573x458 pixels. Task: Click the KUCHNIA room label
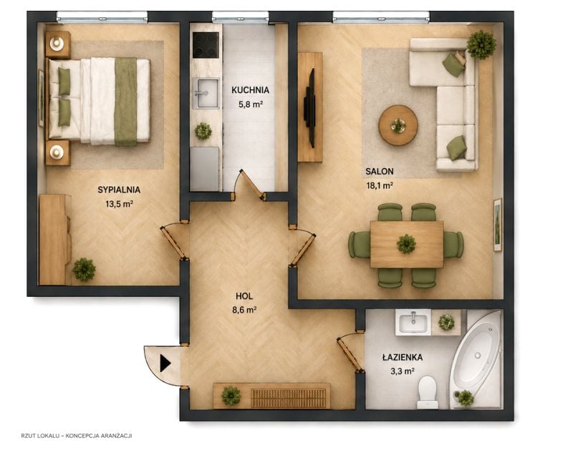point(250,90)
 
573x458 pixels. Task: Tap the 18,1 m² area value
point(380,185)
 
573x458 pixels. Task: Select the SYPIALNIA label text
point(119,190)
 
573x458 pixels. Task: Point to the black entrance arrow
point(165,364)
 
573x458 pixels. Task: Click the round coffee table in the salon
point(398,125)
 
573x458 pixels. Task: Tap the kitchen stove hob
point(206,45)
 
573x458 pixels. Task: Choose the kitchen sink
point(206,93)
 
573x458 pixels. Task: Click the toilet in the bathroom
point(428,393)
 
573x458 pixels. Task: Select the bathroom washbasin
point(413,322)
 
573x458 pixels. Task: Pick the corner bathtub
point(476,360)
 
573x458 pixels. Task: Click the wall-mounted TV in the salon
point(310,108)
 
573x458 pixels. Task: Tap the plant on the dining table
point(406,243)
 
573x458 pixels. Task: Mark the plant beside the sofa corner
point(481,45)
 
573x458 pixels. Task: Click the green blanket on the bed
point(126,102)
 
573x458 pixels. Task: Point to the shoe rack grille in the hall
point(289,398)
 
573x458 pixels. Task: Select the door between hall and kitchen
point(252,185)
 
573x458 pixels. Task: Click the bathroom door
point(350,354)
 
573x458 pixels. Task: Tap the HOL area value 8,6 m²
point(244,310)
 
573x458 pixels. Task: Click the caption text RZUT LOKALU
point(38,436)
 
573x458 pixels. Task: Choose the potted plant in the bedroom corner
point(84,269)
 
